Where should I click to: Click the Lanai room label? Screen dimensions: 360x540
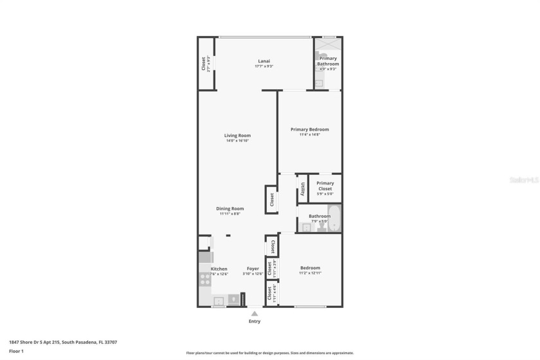(264, 61)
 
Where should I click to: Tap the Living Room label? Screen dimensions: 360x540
(237, 136)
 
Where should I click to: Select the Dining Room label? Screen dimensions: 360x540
(230, 208)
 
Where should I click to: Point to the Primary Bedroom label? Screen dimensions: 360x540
(309, 129)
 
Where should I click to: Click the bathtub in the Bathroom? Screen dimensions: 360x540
(334, 219)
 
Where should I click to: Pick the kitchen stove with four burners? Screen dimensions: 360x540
(204, 280)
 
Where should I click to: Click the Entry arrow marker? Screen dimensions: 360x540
(255, 313)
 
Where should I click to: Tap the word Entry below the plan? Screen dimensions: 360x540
(255, 321)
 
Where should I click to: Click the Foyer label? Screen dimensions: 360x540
(253, 268)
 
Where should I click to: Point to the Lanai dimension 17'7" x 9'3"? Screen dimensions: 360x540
(264, 66)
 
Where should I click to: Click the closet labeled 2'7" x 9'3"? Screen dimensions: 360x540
(206, 63)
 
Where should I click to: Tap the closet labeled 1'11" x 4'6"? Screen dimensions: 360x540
(272, 293)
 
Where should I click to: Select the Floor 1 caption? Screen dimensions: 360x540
(16, 351)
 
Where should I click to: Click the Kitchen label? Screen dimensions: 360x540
(219, 269)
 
